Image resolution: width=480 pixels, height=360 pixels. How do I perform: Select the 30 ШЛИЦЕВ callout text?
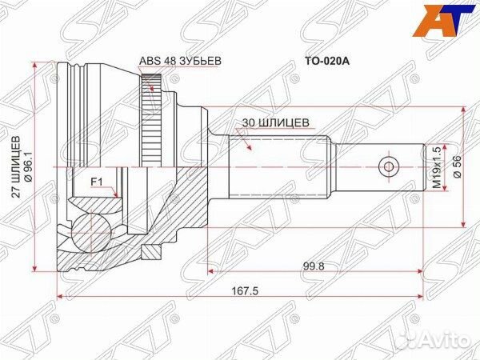[275, 122]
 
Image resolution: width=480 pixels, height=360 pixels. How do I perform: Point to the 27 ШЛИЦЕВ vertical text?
[17, 166]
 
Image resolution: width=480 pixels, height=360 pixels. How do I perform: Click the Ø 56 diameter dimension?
[457, 166]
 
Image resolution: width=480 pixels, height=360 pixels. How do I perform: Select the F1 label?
[96, 182]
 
